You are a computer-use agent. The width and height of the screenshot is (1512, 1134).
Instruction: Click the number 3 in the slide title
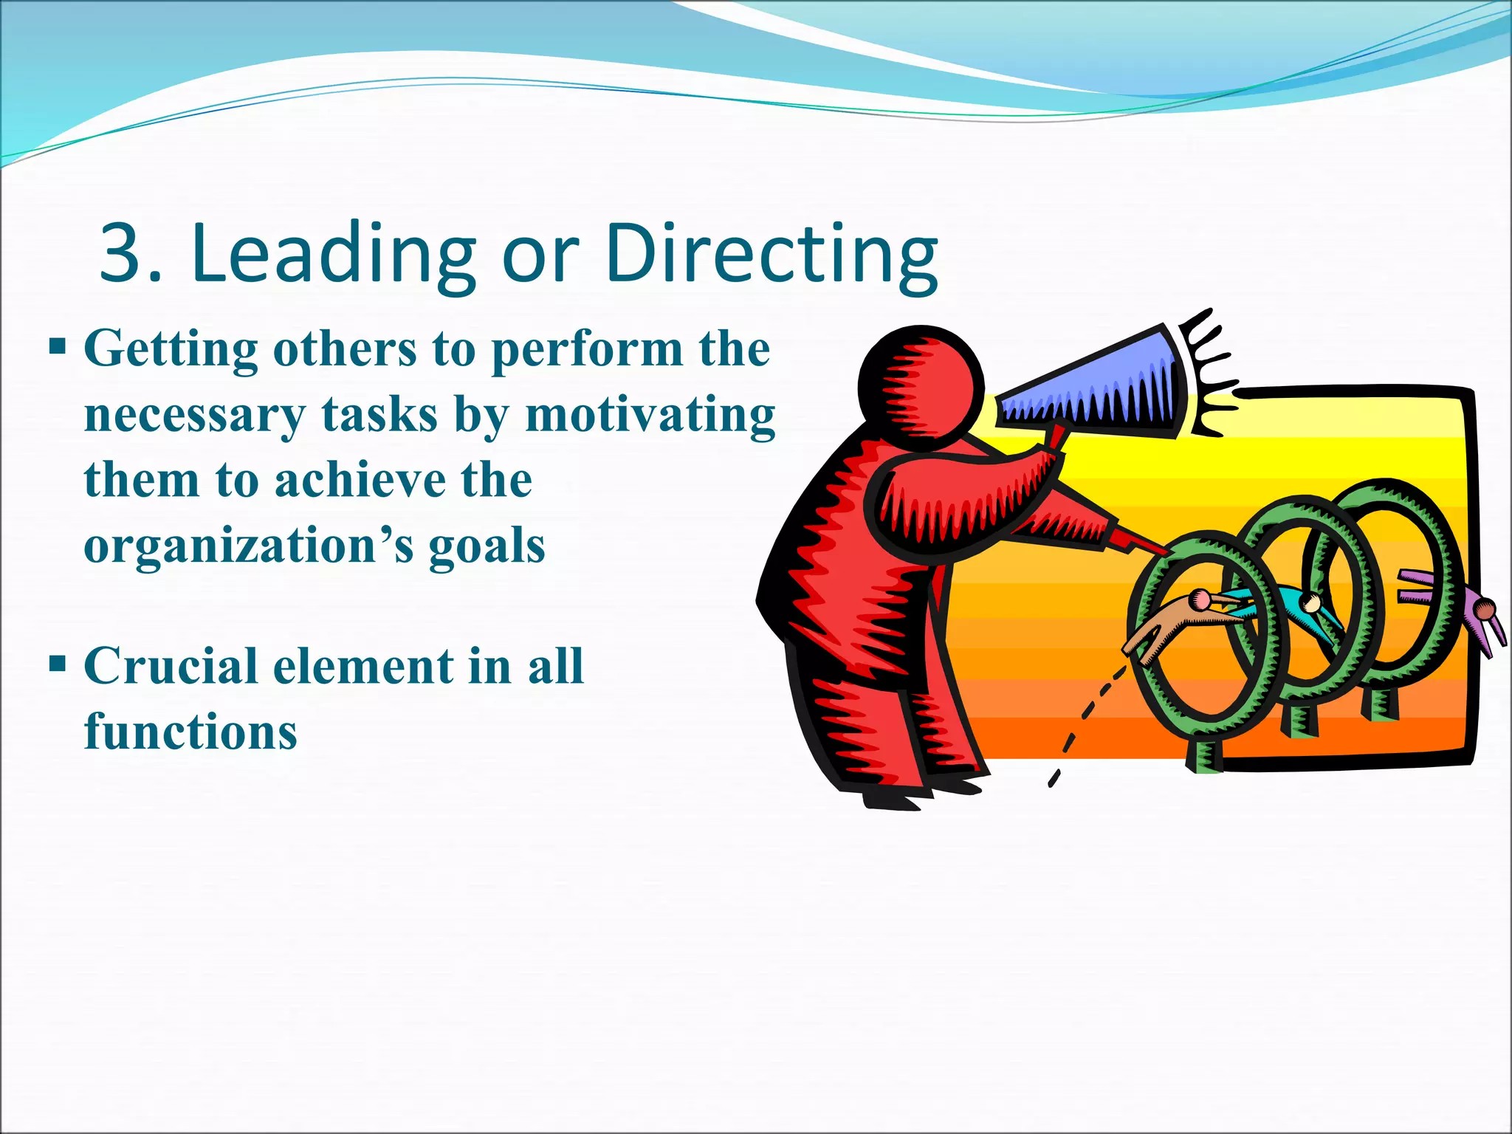point(122,252)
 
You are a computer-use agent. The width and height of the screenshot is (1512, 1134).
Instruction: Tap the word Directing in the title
point(771,252)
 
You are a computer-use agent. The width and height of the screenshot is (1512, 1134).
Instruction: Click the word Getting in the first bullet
point(171,349)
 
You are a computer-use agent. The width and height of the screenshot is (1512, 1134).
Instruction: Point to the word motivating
point(650,415)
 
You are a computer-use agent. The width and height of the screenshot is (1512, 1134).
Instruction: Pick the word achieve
point(360,480)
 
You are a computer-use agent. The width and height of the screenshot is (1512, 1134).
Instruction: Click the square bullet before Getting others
point(58,346)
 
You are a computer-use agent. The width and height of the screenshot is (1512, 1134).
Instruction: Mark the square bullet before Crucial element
point(58,663)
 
